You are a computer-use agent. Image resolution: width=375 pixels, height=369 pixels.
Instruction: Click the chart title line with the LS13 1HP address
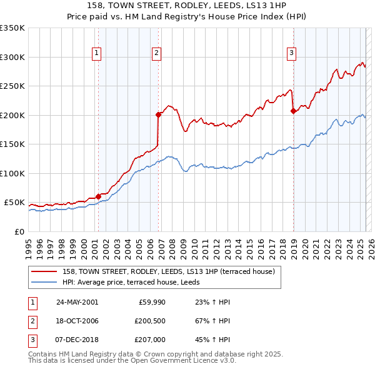187,7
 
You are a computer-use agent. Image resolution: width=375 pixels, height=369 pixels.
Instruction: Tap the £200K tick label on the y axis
12,115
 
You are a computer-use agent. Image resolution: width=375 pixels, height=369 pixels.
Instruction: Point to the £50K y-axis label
14,203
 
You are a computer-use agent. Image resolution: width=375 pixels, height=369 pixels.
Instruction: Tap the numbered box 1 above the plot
97,54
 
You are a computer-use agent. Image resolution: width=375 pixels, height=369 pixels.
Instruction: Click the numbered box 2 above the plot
156,54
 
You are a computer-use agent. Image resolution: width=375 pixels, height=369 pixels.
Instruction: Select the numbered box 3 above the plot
291,54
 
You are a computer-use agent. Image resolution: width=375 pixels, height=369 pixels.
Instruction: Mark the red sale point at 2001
99,196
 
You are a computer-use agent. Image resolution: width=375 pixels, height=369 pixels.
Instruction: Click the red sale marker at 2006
158,114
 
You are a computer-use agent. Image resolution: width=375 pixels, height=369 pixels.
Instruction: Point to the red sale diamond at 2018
293,111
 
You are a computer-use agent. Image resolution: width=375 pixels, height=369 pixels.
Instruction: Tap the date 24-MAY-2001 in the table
77,301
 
